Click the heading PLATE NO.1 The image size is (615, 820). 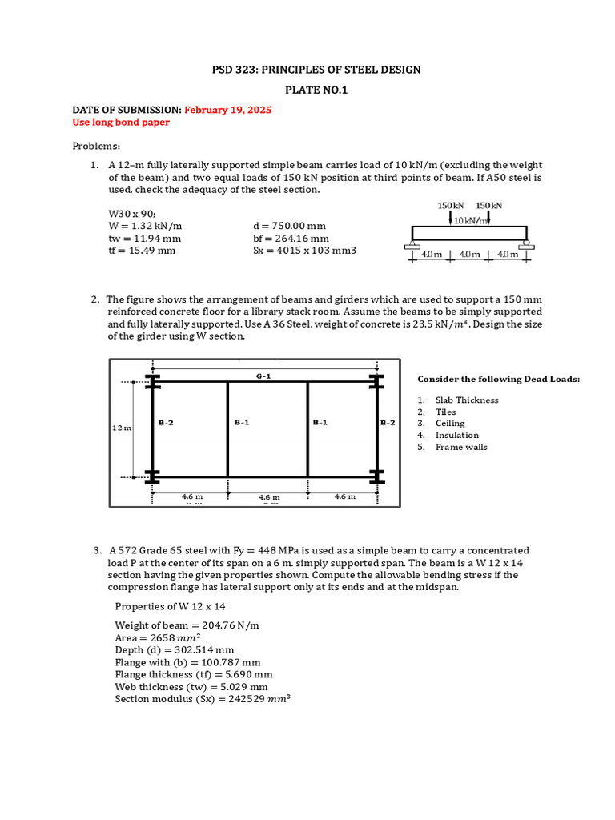[x=307, y=90]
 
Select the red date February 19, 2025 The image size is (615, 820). [x=227, y=111]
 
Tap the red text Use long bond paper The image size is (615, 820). [x=121, y=123]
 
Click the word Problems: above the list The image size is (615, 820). [x=96, y=146]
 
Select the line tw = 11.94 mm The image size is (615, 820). [x=144, y=238]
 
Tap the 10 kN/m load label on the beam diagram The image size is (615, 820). [x=472, y=220]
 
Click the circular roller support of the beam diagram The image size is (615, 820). [x=526, y=242]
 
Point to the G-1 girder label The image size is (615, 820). [x=263, y=376]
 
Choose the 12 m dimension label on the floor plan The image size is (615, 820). [x=121, y=428]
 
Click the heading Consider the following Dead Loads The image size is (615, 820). [x=499, y=379]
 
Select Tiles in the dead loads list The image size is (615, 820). [x=446, y=412]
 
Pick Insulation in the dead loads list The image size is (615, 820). [x=457, y=435]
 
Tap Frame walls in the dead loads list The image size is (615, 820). [x=461, y=447]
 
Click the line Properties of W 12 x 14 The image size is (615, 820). [x=170, y=606]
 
